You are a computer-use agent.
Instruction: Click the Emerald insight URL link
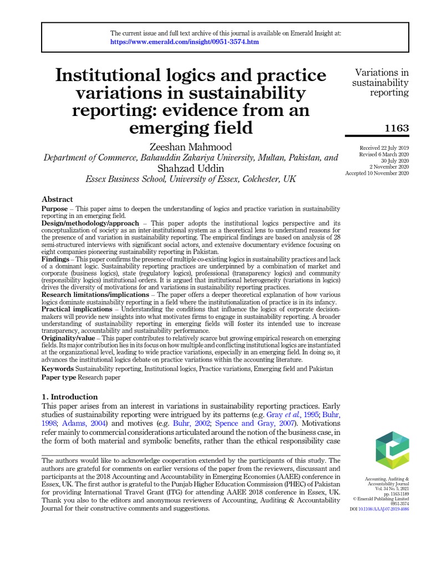click(x=184, y=42)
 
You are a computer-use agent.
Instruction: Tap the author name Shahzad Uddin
click(x=191, y=168)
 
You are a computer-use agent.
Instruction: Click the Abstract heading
click(x=57, y=199)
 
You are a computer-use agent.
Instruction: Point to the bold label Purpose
click(x=55, y=209)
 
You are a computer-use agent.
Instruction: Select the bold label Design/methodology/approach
click(x=84, y=223)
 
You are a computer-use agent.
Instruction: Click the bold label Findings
click(x=56, y=259)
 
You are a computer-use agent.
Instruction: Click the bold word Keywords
click(x=58, y=368)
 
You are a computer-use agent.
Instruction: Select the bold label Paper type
click(x=59, y=377)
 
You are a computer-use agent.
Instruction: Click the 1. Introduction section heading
click(x=70, y=397)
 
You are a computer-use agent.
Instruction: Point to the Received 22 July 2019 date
click(x=384, y=148)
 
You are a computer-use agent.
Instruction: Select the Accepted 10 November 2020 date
click(x=377, y=173)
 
